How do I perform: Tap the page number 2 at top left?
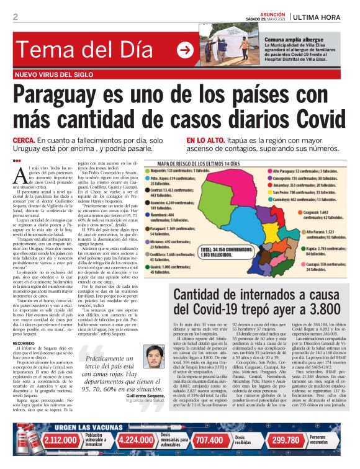[x=15, y=17]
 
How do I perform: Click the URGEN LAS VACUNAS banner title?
[x=72, y=427]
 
